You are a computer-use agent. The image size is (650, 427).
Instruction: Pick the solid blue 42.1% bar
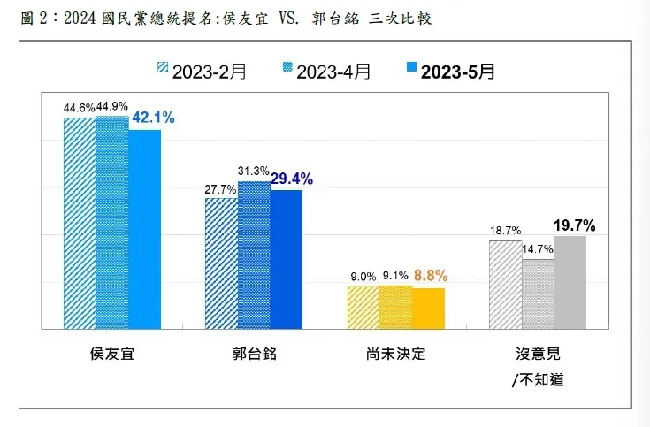(x=145, y=229)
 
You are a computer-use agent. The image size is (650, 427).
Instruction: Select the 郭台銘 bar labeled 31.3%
(x=254, y=254)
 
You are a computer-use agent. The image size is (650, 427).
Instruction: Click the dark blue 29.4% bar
(x=287, y=258)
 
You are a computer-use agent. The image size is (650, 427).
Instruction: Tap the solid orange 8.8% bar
(x=428, y=308)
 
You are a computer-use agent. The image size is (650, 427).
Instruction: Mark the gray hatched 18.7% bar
(x=505, y=284)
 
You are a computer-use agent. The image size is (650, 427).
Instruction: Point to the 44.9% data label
(x=112, y=109)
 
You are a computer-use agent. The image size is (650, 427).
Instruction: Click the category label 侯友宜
(x=112, y=354)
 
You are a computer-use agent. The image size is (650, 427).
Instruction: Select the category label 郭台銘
(x=254, y=354)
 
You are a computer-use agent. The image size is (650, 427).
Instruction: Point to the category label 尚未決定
(x=395, y=354)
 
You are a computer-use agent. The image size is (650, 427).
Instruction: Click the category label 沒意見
(x=537, y=354)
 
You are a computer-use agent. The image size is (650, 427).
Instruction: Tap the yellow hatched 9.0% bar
(x=363, y=307)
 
